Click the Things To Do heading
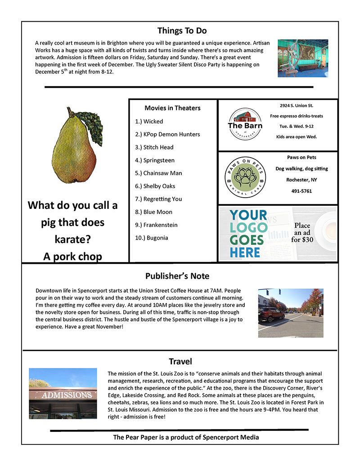coord(182,31)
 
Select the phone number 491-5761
coord(301,190)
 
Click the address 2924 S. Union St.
coord(296,105)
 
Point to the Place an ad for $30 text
coord(302,232)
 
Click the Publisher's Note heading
coord(177,276)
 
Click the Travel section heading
coord(180,361)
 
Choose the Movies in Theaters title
coord(172,108)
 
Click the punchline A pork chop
coord(72,256)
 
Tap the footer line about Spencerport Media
coord(186,437)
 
